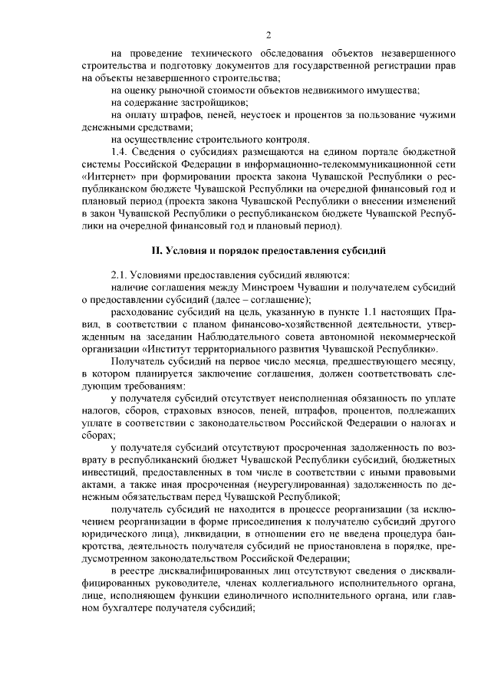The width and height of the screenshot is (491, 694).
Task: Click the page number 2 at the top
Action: pyautogui.click(x=269, y=35)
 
